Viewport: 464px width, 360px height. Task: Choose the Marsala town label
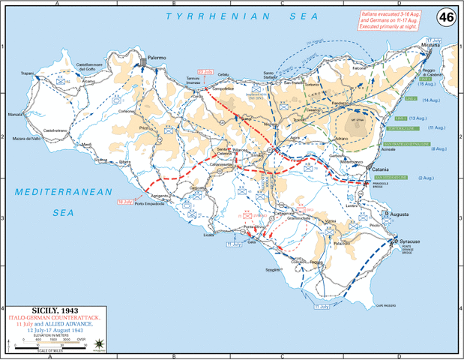[16, 115]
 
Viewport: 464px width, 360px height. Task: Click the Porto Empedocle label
[149, 207]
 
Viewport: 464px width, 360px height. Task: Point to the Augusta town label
[397, 214]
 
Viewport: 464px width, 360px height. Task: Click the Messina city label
[430, 46]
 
